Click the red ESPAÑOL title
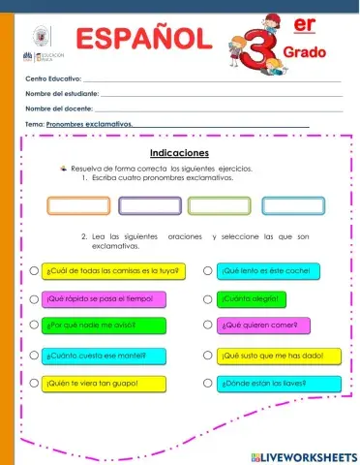click(143, 40)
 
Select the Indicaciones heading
click(179, 153)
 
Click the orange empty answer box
click(79, 205)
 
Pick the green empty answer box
click(219, 205)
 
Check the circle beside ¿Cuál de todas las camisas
click(34, 270)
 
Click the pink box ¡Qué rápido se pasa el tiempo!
click(98, 298)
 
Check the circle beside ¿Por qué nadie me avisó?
click(34, 326)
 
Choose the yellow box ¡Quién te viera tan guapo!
click(97, 384)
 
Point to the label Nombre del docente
click(58, 108)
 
